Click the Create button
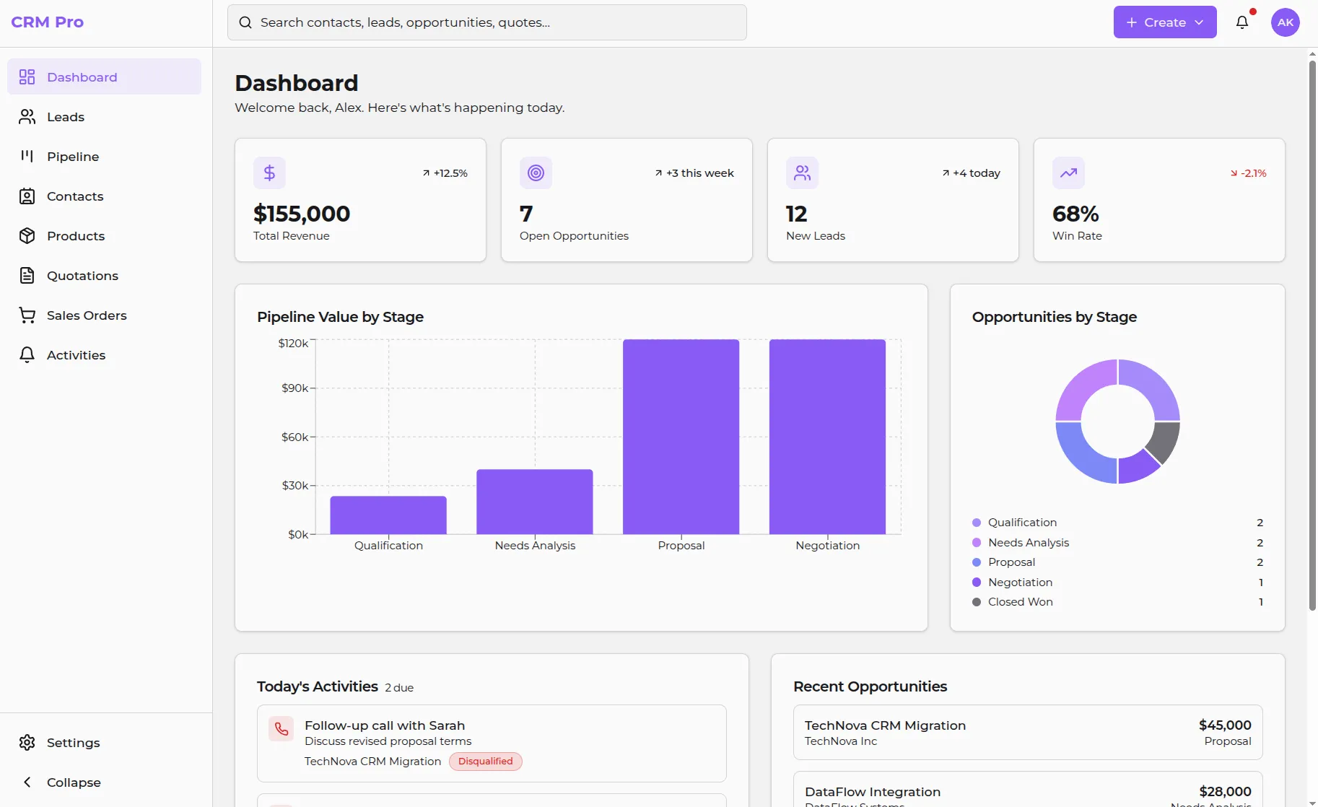pos(1164,22)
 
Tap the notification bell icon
pos(1242,22)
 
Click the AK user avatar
pos(1285,22)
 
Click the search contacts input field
pos(487,22)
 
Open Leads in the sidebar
pos(66,117)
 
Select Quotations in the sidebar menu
pos(82,276)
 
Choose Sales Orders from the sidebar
pos(87,315)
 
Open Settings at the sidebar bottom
pos(73,743)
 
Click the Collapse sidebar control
pos(73,782)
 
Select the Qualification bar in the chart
pos(388,515)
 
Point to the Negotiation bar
pos(827,437)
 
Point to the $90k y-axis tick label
pos(294,388)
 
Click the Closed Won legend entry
pos(1020,602)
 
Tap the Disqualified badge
pos(485,762)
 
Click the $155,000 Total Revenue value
pos(302,214)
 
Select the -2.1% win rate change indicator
pos(1249,173)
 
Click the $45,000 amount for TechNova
pos(1225,725)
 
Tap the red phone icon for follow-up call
pos(282,729)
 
